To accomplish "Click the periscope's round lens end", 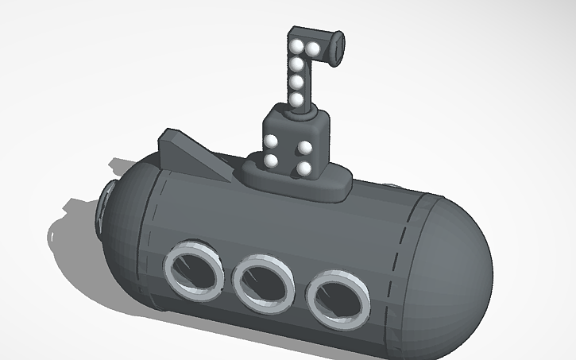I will (x=337, y=46).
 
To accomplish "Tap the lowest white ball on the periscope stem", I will (x=297, y=99).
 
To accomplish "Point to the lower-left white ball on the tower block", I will (x=271, y=161).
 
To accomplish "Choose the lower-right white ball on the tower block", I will (x=304, y=168).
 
